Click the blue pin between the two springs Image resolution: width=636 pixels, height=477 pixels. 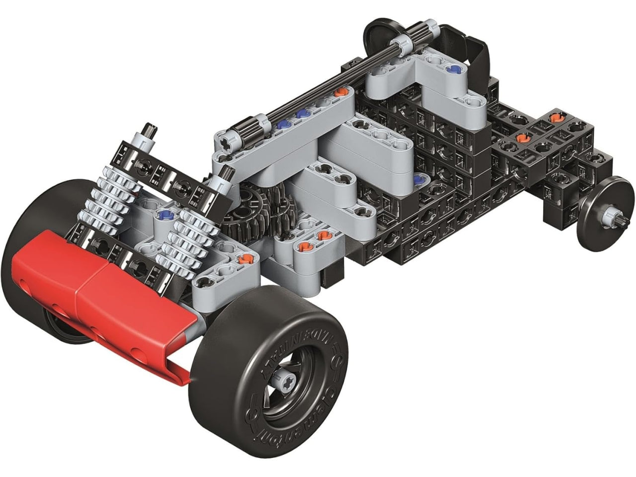(x=164, y=215)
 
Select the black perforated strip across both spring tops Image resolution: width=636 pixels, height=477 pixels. (x=164, y=176)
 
